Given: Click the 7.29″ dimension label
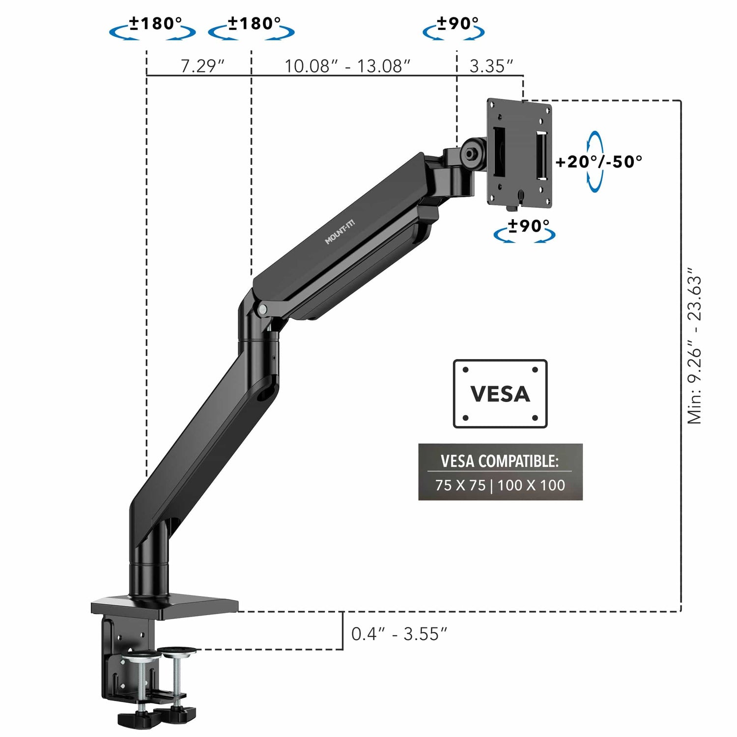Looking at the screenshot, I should coord(202,66).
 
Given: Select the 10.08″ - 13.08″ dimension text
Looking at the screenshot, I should coord(347,66).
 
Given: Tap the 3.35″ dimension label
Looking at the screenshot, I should coord(491,66).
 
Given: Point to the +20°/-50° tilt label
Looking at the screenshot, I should coord(599,162).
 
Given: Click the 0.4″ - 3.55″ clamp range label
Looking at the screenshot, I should coord(399,634).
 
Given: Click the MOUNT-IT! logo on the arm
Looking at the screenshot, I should coord(340,232).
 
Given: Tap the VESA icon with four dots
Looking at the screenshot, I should coord(500,394).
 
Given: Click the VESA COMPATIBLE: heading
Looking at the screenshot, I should coord(500,461).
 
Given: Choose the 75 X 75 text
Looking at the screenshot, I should coord(460,485).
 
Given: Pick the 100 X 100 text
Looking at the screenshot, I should coord(531,485).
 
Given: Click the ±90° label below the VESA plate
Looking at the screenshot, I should coord(528,226).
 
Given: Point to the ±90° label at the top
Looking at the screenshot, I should coord(457,23).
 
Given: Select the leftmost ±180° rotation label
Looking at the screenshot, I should coord(155,23).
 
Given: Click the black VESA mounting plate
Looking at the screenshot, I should coord(519,152).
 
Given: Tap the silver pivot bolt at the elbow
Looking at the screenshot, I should coord(263,309).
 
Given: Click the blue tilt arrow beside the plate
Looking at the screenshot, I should coord(595,162).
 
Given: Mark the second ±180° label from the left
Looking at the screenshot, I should coord(254,23).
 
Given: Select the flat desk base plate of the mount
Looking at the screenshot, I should coord(165,605).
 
